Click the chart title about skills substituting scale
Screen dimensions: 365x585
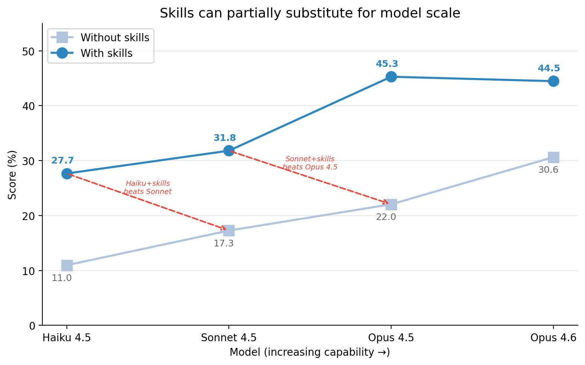tap(310, 13)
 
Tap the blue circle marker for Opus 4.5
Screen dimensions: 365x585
tap(391, 77)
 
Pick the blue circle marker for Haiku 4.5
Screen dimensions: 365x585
tap(67, 174)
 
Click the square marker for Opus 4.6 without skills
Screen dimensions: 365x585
tap(553, 158)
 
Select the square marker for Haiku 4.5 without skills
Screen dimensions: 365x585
tap(67, 265)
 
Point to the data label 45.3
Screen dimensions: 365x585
tap(387, 64)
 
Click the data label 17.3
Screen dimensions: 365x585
tap(224, 244)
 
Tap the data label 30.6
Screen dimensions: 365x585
tap(548, 170)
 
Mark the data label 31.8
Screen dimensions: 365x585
tap(225, 138)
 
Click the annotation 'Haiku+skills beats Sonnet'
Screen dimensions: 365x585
tap(148, 188)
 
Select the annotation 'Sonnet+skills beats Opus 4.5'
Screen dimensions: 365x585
tap(310, 163)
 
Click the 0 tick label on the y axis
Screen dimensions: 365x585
tap(32, 326)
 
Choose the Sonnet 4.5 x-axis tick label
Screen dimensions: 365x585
tap(229, 338)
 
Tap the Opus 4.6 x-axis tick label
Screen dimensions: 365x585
tap(553, 338)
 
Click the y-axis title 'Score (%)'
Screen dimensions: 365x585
tap(12, 175)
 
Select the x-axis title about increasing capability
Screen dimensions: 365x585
tap(310, 352)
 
